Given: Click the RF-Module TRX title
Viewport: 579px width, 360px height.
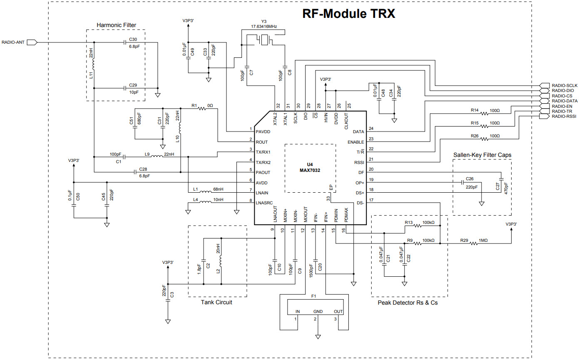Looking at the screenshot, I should [x=348, y=14].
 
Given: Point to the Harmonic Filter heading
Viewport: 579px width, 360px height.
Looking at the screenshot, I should [x=116, y=25].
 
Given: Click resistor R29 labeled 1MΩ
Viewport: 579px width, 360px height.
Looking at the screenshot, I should [x=475, y=244].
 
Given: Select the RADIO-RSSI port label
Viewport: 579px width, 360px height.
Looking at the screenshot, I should [x=564, y=117].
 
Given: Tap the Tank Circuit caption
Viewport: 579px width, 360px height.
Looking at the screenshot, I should [x=216, y=303].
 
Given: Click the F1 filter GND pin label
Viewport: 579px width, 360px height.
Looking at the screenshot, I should [x=318, y=311].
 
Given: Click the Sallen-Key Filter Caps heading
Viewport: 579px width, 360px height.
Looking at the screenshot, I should [x=482, y=155].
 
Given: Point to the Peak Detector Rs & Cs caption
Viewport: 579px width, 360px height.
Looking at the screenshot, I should [x=408, y=303].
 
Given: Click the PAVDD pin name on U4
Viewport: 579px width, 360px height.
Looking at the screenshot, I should [x=263, y=132].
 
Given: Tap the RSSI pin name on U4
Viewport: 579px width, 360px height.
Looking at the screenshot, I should [x=359, y=162].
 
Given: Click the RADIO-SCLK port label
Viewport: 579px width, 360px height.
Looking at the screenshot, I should [x=564, y=85].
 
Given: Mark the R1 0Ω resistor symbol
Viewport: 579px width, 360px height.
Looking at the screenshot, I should [x=203, y=109].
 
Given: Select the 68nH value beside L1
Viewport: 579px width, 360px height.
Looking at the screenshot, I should [x=218, y=189].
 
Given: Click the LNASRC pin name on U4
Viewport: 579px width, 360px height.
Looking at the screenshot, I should [x=265, y=203].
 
